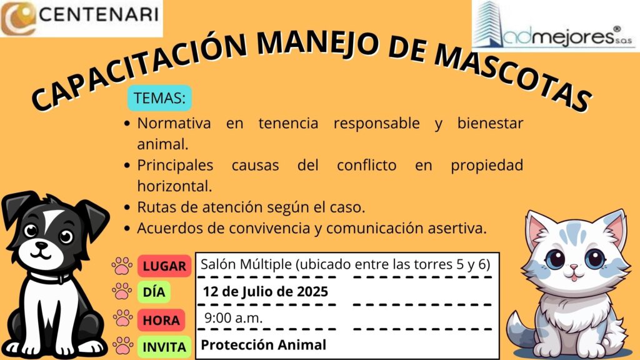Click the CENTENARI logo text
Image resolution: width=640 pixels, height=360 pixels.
tap(99, 14)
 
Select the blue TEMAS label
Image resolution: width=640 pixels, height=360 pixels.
tap(159, 98)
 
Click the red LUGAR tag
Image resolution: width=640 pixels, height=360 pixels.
tap(164, 266)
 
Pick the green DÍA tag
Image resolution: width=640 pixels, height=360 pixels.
tap(154, 292)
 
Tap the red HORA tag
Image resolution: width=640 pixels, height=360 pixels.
tap(161, 320)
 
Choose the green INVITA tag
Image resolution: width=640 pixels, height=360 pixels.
tap(164, 347)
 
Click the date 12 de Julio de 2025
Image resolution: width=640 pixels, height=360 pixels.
tap(265, 291)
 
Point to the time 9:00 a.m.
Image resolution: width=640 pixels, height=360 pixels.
tap(234, 317)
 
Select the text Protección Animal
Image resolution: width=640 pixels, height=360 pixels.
tap(263, 345)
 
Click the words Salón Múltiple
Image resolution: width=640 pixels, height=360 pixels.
tap(246, 264)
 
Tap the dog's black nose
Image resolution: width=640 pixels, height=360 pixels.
tap(41, 245)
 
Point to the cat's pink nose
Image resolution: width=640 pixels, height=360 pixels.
tap(574, 267)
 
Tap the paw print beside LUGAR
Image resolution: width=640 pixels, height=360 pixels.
tap(122, 266)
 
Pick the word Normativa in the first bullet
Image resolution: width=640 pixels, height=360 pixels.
tap(174, 123)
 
